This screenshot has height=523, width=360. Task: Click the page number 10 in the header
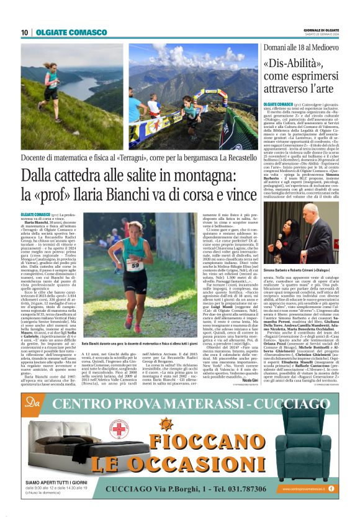coord(24,32)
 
